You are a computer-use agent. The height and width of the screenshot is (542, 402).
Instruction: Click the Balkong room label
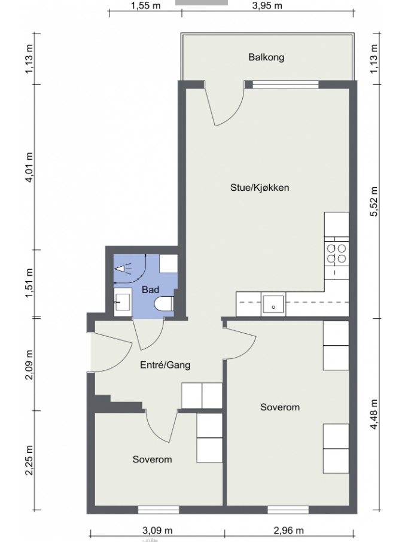[266, 57]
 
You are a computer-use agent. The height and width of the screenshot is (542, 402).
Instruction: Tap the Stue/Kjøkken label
[260, 188]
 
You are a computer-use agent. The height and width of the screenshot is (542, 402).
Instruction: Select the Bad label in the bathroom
[150, 290]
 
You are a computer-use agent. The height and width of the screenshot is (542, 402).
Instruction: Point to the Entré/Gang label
[165, 365]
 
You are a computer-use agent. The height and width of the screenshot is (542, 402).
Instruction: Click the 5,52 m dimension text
[374, 202]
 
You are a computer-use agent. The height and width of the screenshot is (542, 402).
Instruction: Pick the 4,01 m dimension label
[29, 168]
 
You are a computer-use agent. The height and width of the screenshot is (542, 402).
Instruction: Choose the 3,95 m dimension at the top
[267, 5]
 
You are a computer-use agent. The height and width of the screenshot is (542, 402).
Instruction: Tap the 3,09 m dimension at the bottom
[157, 530]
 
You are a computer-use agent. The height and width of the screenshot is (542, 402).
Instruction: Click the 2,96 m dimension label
[288, 530]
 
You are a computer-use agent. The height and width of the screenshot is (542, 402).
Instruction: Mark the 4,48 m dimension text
[374, 415]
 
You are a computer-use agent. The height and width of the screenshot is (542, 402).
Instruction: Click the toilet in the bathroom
[164, 304]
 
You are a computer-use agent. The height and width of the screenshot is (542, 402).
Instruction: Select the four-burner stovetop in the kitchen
[336, 254]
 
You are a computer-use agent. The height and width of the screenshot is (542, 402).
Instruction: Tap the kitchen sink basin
[273, 304]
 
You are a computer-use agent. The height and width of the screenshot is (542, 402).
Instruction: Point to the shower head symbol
[123, 269]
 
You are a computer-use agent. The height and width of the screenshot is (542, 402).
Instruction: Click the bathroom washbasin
[123, 302]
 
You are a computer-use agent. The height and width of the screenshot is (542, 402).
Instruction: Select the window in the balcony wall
[285, 84]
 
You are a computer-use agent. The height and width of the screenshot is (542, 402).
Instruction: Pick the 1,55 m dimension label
[145, 5]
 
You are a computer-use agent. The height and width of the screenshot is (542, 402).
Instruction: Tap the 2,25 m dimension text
[29, 460]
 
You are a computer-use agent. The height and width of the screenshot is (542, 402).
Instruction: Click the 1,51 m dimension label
[29, 283]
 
